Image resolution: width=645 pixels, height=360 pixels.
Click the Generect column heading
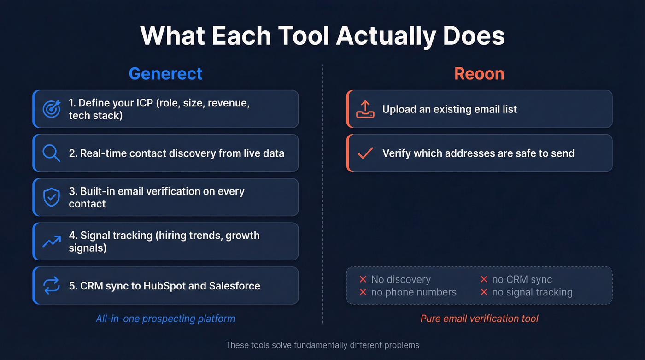[165, 74]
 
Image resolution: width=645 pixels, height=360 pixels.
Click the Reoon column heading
[479, 74]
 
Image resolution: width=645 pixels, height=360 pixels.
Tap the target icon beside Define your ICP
[51, 109]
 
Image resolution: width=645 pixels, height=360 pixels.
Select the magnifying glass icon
[51, 153]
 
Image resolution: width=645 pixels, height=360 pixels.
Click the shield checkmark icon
[51, 197]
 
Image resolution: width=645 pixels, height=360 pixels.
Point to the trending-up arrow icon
[51, 241]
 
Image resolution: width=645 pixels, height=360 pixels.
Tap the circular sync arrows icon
[51, 286]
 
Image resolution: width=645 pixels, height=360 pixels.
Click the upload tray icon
[365, 109]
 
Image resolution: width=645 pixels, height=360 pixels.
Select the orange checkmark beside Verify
[365, 153]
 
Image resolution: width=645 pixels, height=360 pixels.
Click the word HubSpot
[164, 286]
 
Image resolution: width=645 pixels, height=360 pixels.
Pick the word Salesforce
[235, 286]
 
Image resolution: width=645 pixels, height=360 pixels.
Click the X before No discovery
[363, 279]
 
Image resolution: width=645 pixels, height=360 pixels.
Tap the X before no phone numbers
[363, 292]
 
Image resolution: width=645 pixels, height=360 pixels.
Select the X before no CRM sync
[484, 279]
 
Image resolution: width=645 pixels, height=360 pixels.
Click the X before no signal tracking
[484, 292]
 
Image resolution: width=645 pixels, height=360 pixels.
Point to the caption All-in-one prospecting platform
[165, 319]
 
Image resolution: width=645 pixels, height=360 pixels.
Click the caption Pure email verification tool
[479, 319]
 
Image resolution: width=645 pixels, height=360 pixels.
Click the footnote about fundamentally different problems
[322, 345]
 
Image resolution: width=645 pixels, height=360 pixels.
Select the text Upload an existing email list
[449, 109]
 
